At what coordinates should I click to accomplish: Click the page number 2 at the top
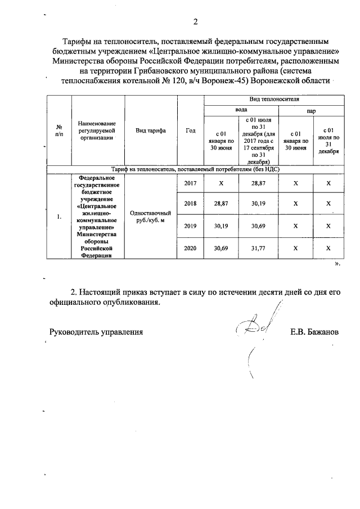(195, 22)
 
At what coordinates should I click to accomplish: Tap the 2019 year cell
(191, 226)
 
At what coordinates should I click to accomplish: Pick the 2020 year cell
(191, 247)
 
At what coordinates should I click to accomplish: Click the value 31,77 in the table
(258, 247)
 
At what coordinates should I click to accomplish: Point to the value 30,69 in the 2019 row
(258, 226)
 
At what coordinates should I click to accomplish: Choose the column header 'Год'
(190, 130)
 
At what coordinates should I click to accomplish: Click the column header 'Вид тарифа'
(150, 130)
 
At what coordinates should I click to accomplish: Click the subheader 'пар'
(310, 111)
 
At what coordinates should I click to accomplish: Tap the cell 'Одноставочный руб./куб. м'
(150, 217)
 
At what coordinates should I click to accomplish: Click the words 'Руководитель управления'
(96, 332)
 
